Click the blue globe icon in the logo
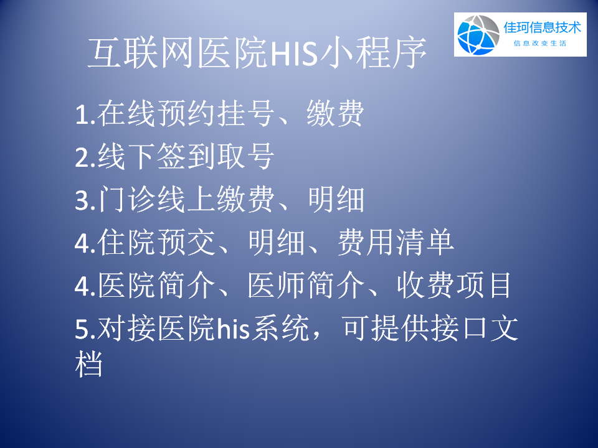[x=477, y=34]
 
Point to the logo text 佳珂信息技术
[x=541, y=27]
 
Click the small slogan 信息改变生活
[x=539, y=44]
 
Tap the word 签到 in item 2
[x=171, y=157]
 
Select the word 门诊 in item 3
[x=126, y=200]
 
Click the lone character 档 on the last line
[x=89, y=365]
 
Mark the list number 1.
[x=83, y=116]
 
